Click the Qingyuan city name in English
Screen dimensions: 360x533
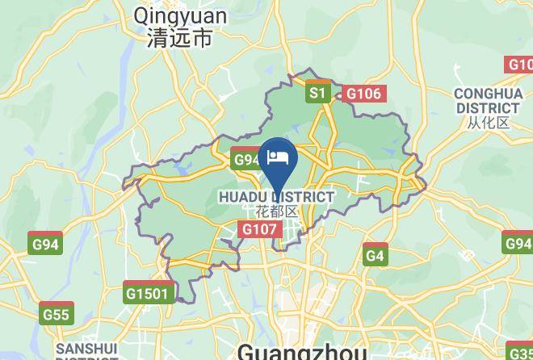[180, 15]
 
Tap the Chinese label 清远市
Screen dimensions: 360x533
[180, 37]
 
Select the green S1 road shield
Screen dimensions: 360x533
[317, 93]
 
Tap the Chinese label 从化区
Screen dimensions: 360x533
[488, 123]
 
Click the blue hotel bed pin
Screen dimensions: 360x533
[279, 157]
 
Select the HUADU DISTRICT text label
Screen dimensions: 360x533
[276, 197]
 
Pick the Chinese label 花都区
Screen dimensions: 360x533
[276, 212]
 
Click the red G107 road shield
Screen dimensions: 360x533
[260, 229]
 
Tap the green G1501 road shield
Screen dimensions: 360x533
[149, 293]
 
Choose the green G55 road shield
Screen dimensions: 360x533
[57, 314]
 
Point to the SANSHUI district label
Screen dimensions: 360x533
[86, 350]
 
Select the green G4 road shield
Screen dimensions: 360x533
[375, 255]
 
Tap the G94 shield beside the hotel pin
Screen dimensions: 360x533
[246, 159]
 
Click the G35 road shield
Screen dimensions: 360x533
[520, 350]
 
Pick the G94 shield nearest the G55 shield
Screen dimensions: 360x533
[45, 244]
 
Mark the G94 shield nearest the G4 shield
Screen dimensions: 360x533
[518, 243]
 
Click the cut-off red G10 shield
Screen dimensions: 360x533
[519, 65]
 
